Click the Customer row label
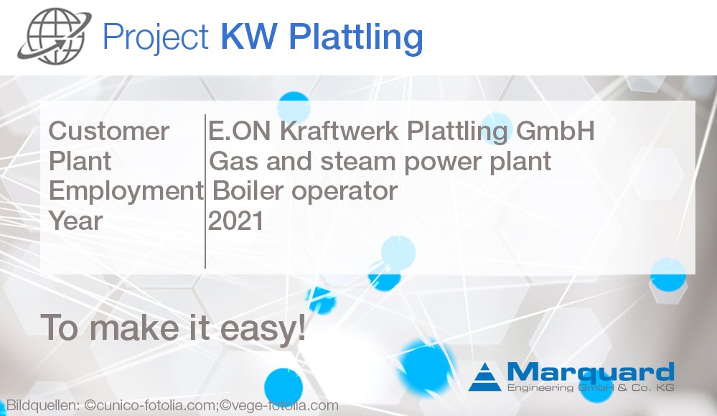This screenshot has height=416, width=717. tap(108, 131)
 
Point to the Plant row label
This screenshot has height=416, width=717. tap(80, 161)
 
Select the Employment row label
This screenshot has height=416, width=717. tap(126, 190)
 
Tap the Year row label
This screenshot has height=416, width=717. tap(75, 221)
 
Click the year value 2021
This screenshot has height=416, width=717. tap(235, 221)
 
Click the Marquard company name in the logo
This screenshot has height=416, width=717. tap(589, 373)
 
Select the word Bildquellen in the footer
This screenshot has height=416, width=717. tap(41, 406)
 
